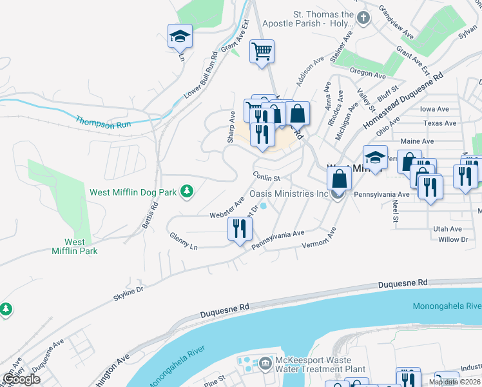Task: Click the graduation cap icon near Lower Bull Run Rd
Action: [180, 37]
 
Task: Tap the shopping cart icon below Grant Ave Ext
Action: [262, 52]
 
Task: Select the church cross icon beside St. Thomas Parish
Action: [363, 18]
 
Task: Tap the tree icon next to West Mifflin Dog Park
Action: [187, 191]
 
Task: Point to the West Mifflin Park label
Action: [75, 246]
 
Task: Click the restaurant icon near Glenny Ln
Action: [240, 229]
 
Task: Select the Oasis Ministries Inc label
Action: [290, 193]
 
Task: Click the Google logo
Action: [22, 379]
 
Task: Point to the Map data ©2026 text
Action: [454, 382]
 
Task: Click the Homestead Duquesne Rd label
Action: [403, 101]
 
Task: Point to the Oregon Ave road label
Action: [367, 73]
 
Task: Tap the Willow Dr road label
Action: [452, 239]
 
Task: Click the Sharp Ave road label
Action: [231, 126]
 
